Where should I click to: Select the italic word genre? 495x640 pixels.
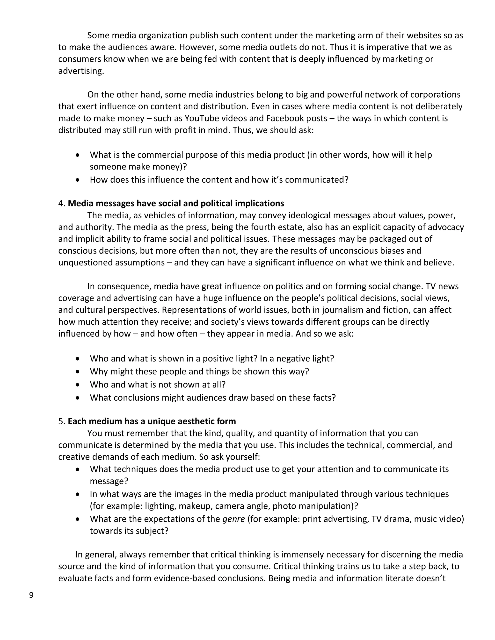233,519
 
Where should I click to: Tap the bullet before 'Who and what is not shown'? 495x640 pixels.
77,384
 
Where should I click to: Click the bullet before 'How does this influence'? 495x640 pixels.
77,180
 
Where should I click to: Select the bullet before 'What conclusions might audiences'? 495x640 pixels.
77,398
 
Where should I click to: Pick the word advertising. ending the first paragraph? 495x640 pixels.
81,71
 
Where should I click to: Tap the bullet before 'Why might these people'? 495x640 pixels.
77,372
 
